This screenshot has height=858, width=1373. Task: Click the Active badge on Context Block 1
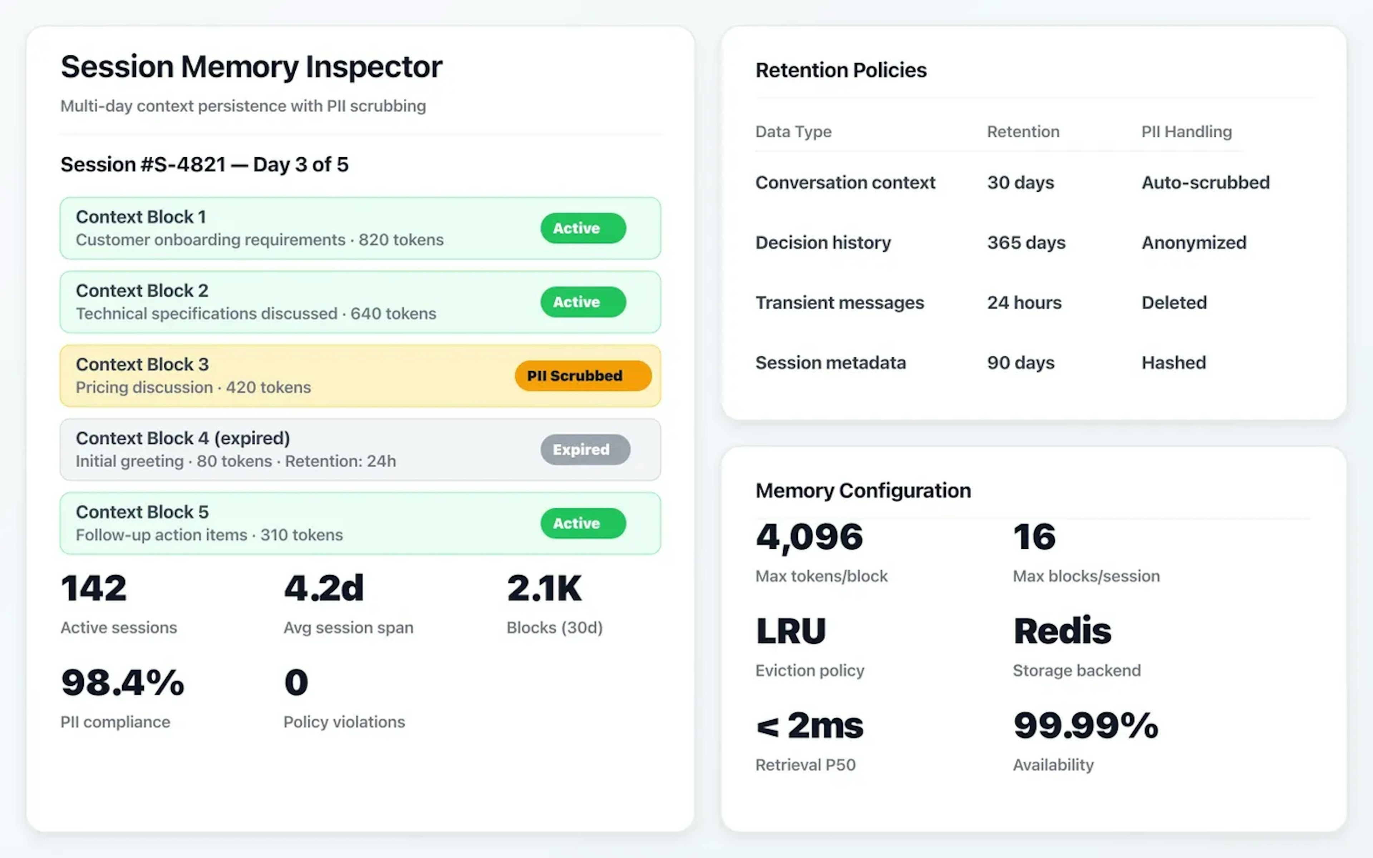click(x=583, y=228)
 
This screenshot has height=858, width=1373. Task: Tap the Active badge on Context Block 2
click(x=583, y=302)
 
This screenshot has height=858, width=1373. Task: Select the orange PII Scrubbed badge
click(x=583, y=376)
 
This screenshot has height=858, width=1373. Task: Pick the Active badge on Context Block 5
click(x=583, y=523)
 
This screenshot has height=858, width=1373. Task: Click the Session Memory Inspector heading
click(x=251, y=67)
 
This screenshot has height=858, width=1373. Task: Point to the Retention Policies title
click(x=841, y=70)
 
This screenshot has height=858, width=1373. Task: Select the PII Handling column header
click(x=1186, y=132)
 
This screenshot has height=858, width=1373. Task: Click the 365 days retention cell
click(x=1026, y=243)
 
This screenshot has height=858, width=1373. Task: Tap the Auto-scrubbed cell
click(x=1205, y=183)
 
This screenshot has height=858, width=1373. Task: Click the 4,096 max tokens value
click(x=809, y=537)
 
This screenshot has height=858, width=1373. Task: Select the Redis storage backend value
click(x=1062, y=631)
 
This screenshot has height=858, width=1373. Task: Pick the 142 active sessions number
click(x=94, y=588)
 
